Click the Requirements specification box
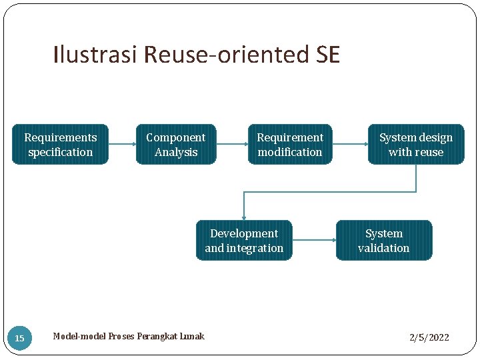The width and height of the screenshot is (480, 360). coord(60,145)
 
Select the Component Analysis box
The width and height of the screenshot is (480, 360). coord(176,145)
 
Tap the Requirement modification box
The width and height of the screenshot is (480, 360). coord(290,145)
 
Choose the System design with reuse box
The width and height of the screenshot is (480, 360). coord(416,145)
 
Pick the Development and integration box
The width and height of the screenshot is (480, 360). coord(244,241)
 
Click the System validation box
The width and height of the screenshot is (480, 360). coord(384,241)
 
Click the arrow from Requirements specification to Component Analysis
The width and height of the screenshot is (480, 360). coord(121,144)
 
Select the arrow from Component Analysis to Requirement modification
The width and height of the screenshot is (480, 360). coord(232,144)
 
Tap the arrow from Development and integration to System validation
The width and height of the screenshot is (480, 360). coord(314,240)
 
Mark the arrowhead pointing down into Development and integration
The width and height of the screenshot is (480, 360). coord(244,216)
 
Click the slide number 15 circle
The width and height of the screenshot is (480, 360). coord(19,339)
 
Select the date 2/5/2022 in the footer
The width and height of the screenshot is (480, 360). coord(429,337)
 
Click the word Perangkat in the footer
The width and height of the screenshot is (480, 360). coord(156,337)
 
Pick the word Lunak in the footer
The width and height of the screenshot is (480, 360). coord(191,337)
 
